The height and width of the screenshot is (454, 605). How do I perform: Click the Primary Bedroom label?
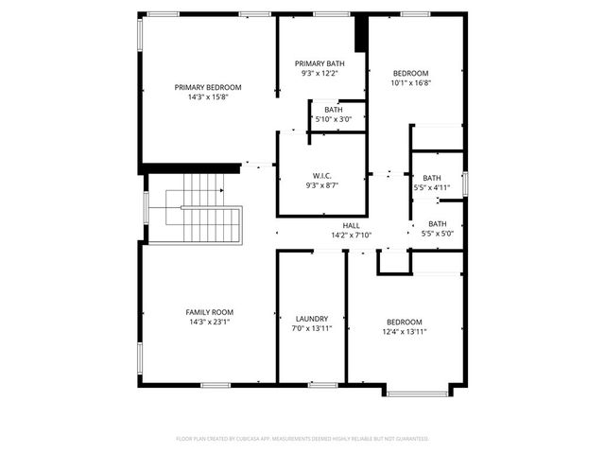(208, 87)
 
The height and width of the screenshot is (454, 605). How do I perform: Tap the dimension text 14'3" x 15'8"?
(208, 96)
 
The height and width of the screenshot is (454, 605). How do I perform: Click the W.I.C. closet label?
(320, 176)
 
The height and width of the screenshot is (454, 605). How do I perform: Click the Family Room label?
(209, 312)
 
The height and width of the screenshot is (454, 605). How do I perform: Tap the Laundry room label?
(311, 319)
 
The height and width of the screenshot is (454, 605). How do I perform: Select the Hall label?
(351, 225)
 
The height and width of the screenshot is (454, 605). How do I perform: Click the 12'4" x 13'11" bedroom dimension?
(405, 332)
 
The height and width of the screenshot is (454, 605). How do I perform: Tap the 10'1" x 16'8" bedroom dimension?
(410, 82)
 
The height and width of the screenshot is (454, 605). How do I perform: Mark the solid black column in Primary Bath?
(360, 35)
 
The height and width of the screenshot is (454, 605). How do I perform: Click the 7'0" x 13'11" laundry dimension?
(311, 328)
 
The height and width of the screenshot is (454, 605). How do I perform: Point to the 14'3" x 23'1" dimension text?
(209, 322)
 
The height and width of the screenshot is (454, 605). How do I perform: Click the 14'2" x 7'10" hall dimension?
(351, 235)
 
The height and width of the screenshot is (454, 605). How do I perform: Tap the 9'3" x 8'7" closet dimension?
(320, 185)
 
